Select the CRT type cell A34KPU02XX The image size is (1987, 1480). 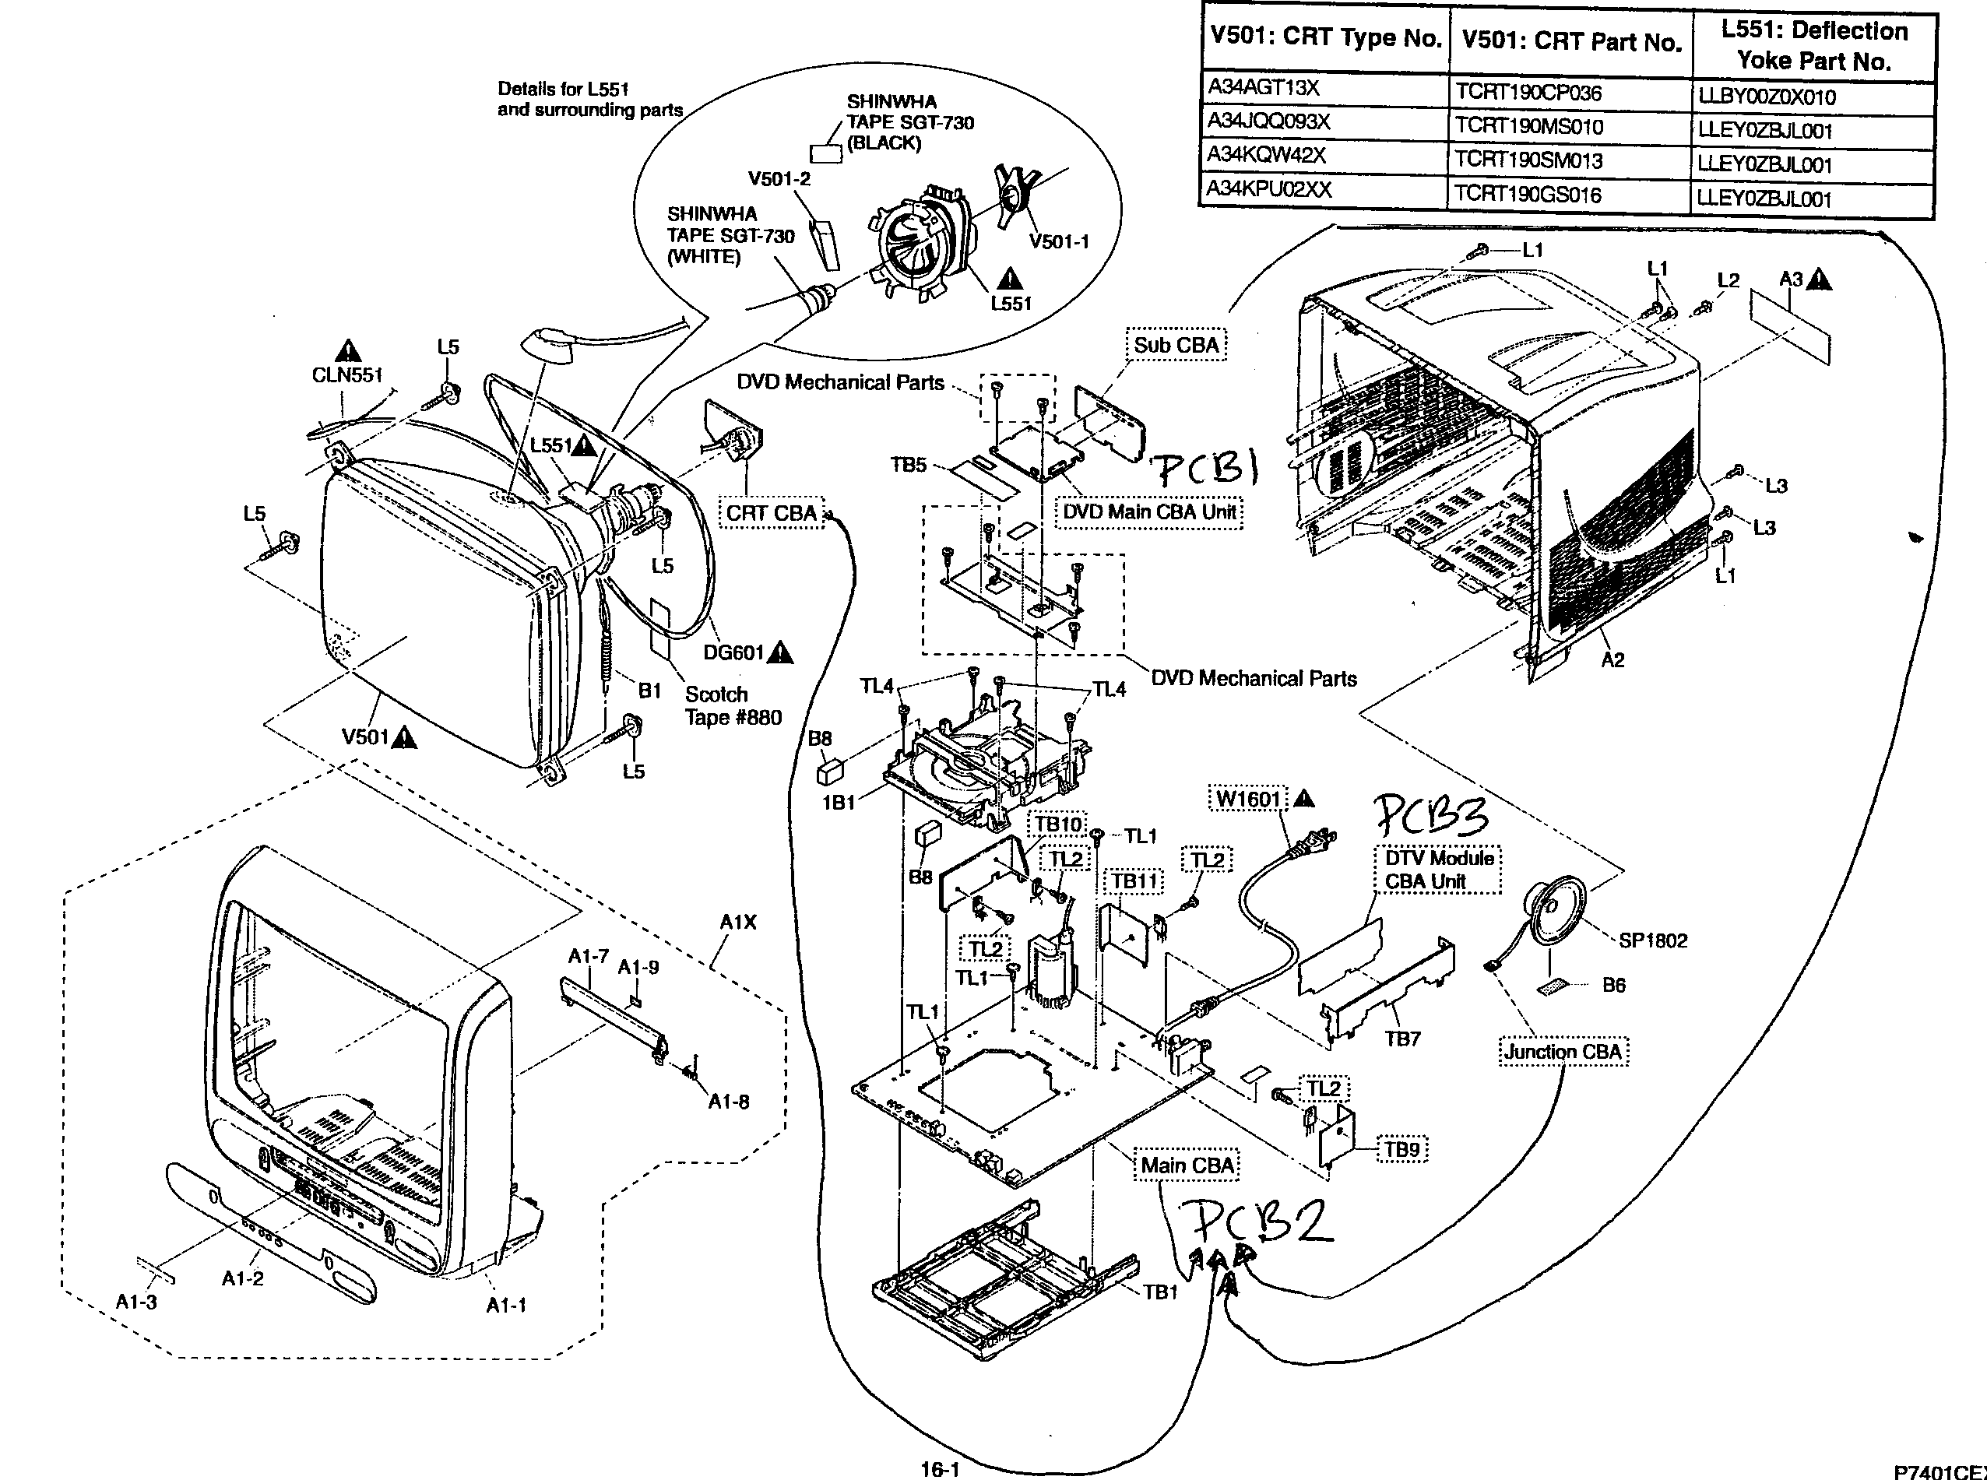(1268, 190)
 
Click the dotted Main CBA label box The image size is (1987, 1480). (1188, 1165)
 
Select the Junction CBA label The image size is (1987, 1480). (1563, 1052)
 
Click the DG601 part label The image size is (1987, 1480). (733, 652)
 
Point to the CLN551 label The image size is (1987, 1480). (346, 375)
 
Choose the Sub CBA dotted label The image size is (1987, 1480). (1176, 345)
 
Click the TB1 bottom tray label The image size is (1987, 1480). (1160, 1292)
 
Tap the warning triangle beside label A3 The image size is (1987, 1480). (1819, 280)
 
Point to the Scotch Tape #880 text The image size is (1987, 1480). (733, 706)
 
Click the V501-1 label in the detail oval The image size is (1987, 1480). (1059, 242)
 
